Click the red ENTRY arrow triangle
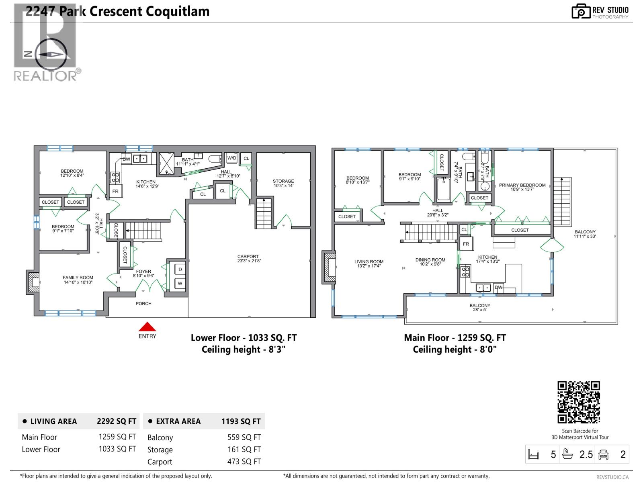click(147, 327)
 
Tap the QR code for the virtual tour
click(579, 402)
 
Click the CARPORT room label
click(248, 257)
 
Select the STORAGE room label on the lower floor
click(283, 181)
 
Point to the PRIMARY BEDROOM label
click(522, 185)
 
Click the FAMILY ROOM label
click(78, 278)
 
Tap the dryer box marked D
click(180, 270)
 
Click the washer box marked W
click(180, 284)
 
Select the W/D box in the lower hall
click(232, 158)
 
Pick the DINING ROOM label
click(430, 260)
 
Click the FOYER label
click(143, 272)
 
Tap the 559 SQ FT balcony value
click(244, 437)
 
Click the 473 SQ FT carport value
click(244, 462)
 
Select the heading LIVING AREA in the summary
click(53, 421)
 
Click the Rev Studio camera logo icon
click(581, 12)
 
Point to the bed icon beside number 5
click(534, 455)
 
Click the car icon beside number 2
click(603, 455)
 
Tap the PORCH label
click(143, 304)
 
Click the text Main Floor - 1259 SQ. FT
click(455, 338)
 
